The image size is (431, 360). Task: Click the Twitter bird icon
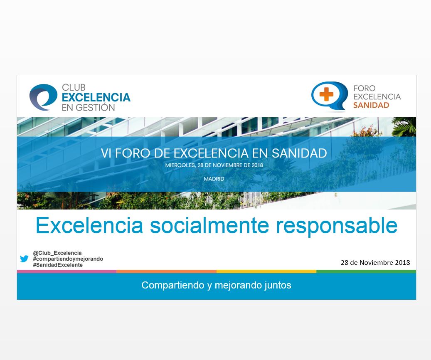(24, 259)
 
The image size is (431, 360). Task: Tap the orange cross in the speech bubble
(326, 94)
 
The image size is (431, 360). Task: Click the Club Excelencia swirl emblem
(43, 97)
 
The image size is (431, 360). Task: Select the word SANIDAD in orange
(371, 105)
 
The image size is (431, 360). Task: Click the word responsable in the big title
(337, 226)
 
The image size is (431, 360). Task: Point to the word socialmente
(209, 225)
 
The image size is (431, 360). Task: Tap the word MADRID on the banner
(214, 179)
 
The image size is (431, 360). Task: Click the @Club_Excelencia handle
(57, 253)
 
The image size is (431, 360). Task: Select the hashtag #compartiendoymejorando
(68, 259)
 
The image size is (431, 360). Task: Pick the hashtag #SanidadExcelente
(58, 265)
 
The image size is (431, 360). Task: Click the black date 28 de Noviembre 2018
(375, 263)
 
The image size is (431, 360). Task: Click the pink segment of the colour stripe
(67, 271)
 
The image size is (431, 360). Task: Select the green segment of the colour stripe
(366, 271)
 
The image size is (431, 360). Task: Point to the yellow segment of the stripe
(266, 271)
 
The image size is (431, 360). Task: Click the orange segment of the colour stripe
(167, 271)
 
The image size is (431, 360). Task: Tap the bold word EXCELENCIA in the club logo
(96, 97)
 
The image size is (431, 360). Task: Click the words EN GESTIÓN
(88, 108)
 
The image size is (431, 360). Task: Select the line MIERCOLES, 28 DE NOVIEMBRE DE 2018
(214, 165)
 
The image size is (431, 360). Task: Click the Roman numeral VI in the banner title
(106, 153)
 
